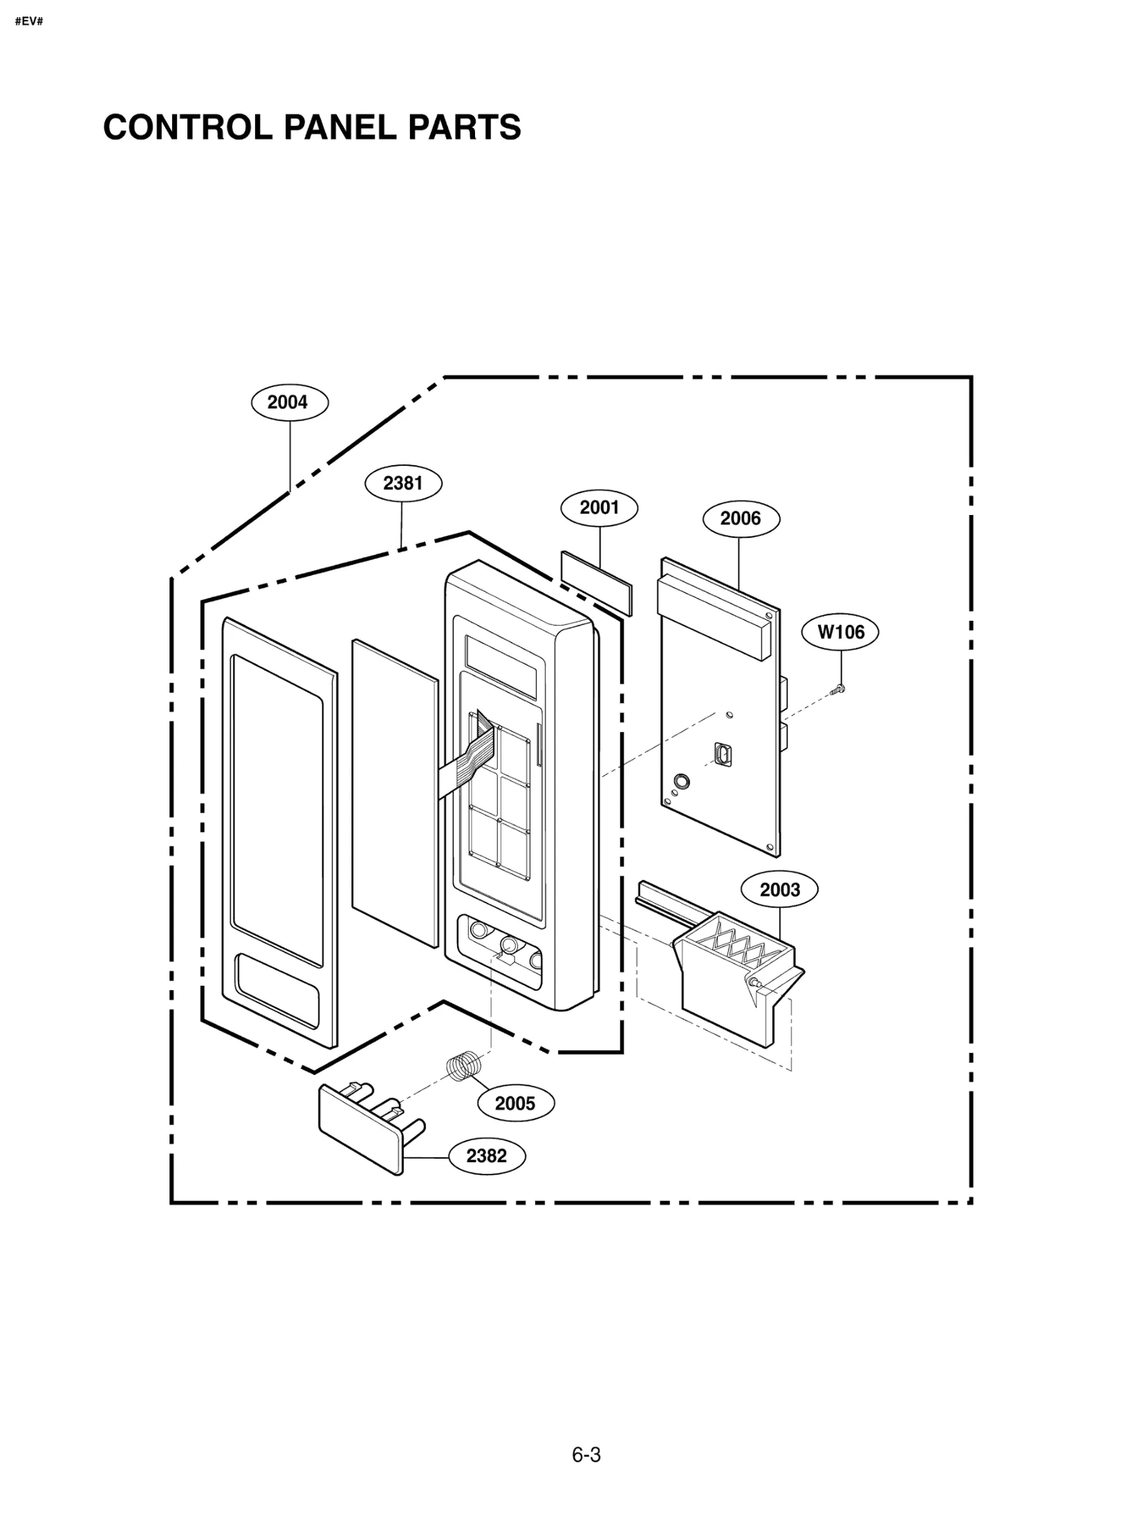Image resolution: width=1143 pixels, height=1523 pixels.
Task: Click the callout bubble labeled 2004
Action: click(289, 402)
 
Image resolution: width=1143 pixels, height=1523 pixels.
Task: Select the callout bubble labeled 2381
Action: click(403, 484)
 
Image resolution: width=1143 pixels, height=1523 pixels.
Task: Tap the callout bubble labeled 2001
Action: click(599, 508)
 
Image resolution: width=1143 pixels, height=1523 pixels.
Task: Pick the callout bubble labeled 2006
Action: click(741, 519)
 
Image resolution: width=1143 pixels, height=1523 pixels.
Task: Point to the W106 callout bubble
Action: click(840, 632)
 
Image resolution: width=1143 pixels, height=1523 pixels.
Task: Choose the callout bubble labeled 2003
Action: click(779, 890)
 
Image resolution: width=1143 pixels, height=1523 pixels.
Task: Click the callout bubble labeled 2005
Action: click(515, 1104)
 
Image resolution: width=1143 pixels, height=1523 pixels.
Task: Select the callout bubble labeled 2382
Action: click(486, 1156)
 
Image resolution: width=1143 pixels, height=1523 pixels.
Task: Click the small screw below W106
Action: click(839, 689)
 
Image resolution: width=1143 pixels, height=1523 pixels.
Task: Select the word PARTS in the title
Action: click(464, 128)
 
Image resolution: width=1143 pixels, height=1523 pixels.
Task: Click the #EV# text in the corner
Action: click(29, 21)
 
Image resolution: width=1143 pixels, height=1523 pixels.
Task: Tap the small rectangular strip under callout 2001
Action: click(597, 582)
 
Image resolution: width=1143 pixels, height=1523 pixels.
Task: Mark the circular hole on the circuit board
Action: click(682, 781)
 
